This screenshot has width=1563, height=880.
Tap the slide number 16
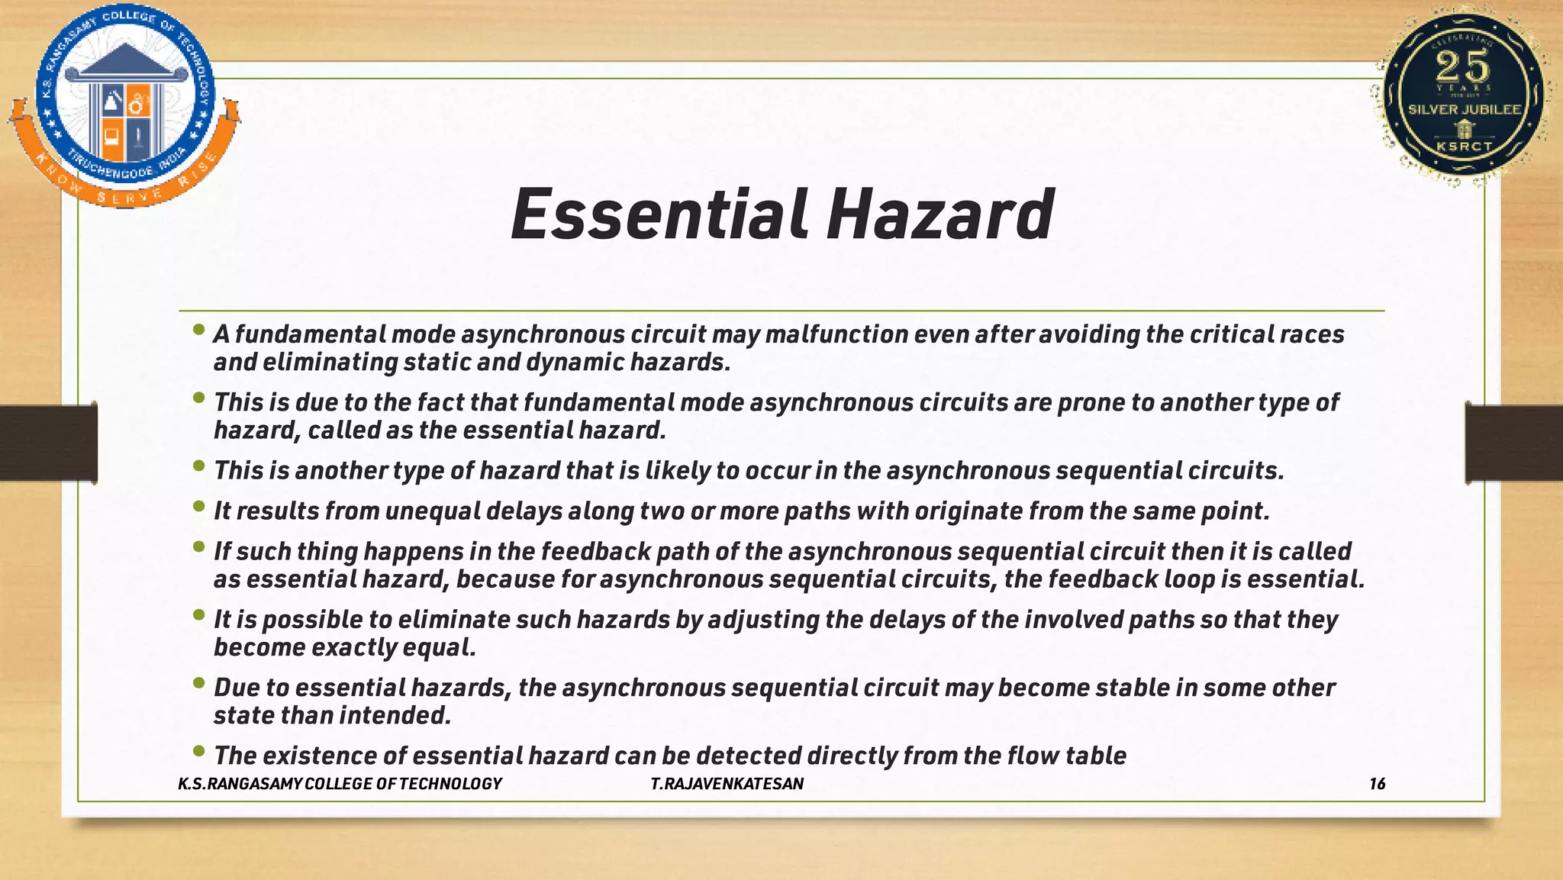click(1377, 784)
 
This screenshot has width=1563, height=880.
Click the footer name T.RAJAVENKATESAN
click(727, 784)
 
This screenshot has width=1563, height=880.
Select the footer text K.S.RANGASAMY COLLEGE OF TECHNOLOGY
click(340, 784)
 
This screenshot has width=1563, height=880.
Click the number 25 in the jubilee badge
click(1462, 67)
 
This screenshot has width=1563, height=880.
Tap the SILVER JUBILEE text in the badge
click(1465, 110)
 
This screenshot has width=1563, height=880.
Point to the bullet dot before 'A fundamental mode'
click(199, 330)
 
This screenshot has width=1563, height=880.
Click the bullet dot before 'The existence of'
click(199, 751)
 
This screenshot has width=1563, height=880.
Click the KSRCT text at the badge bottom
click(1464, 146)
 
